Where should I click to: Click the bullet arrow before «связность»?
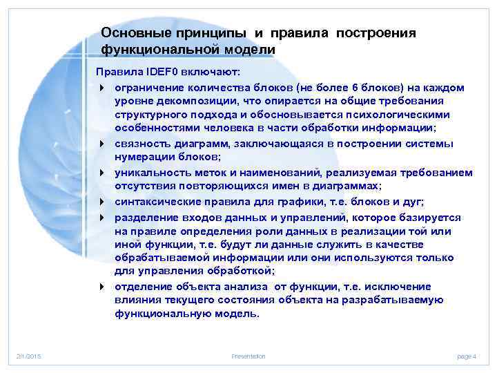pyautogui.click(x=101, y=144)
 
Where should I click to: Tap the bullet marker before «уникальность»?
pyautogui.click(x=101, y=172)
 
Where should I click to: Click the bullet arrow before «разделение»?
pyautogui.click(x=101, y=218)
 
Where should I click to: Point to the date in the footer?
pyautogui.click(x=29, y=356)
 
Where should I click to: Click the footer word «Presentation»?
pyautogui.click(x=248, y=356)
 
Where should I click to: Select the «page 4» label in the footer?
pyautogui.click(x=467, y=356)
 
